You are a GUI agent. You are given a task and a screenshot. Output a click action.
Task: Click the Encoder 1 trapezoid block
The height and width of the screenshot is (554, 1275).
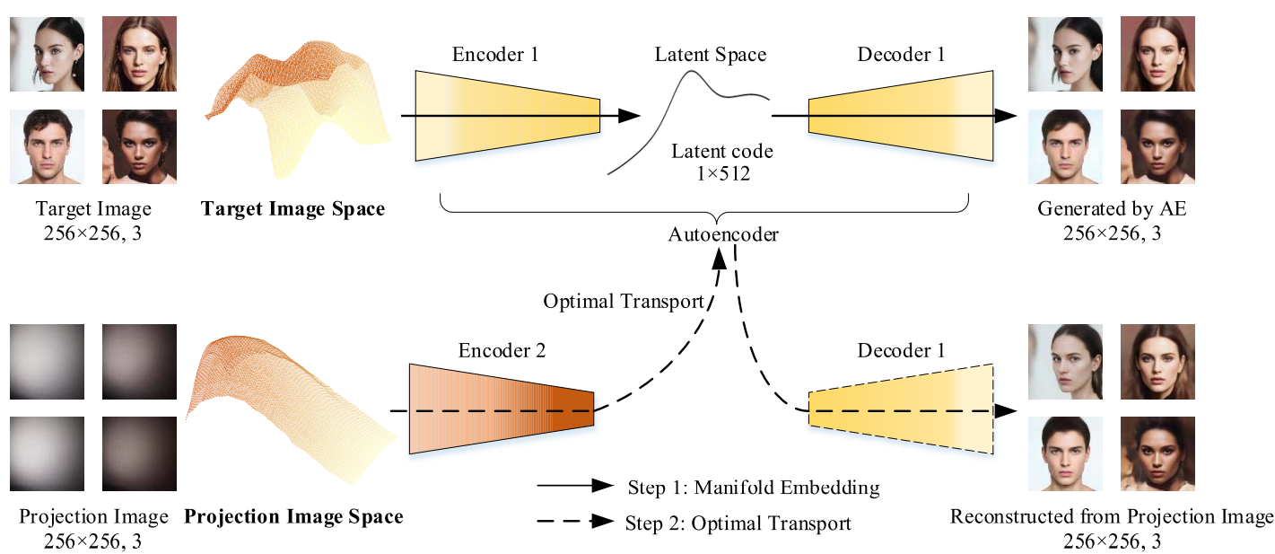[x=507, y=116]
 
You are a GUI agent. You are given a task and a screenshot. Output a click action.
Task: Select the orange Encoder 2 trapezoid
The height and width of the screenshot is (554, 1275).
[x=501, y=409]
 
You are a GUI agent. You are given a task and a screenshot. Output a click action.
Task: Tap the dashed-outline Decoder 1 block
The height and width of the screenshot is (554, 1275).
[x=901, y=409]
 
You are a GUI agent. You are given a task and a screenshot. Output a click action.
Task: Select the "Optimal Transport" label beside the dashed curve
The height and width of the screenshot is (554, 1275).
[x=623, y=302]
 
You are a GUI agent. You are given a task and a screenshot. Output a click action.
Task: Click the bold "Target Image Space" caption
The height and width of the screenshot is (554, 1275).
[x=293, y=209]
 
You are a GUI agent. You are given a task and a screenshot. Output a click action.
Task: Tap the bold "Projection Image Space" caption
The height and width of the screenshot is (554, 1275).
[x=293, y=516]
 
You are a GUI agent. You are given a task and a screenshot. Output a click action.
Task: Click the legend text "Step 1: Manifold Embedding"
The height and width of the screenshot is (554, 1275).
[x=752, y=488]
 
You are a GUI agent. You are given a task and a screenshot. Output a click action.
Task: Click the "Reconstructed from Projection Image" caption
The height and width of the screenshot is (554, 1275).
[x=1112, y=516]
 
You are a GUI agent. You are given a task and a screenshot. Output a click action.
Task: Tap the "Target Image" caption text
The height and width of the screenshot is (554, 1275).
[x=93, y=209]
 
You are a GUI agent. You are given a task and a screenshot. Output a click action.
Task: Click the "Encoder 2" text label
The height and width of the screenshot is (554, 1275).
[x=502, y=351]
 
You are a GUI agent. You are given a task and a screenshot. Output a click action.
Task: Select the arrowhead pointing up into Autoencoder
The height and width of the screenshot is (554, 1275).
[x=720, y=259]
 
